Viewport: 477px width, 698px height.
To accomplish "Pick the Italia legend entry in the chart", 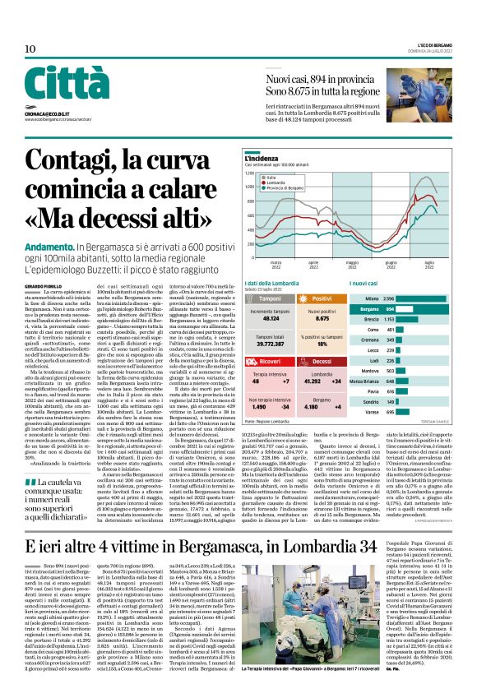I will coord(292,177).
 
